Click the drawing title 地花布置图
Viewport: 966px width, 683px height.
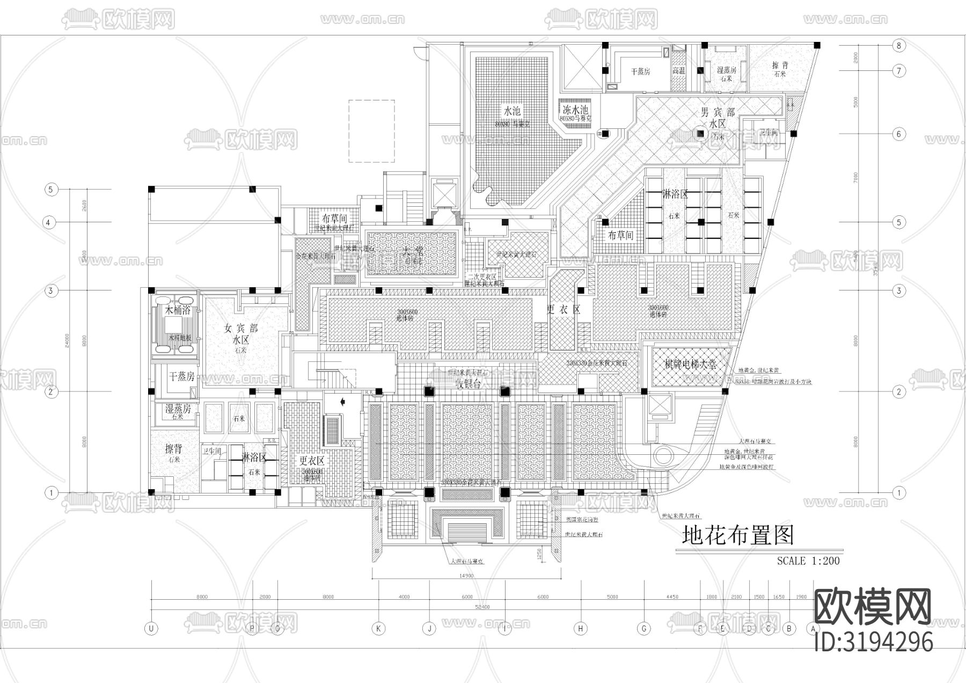(x=737, y=535)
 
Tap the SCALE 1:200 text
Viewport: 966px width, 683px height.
(x=808, y=561)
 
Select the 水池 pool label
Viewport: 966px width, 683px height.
(x=511, y=112)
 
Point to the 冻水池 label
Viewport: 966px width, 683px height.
(x=574, y=107)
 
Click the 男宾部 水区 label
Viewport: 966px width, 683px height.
(x=718, y=118)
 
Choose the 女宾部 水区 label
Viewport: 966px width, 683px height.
(x=241, y=335)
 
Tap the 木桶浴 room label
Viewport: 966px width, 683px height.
(x=177, y=310)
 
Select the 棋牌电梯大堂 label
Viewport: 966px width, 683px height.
(x=690, y=365)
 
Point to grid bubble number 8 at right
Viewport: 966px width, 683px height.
(x=899, y=45)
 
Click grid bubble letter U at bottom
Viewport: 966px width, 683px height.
(x=152, y=628)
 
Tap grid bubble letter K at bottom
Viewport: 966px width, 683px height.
(x=379, y=628)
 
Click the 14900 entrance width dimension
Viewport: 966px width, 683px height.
(x=466, y=576)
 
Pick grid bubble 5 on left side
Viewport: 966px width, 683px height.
(x=50, y=190)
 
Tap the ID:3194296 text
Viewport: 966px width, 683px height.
(x=873, y=642)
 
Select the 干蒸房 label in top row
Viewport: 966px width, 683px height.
(x=640, y=71)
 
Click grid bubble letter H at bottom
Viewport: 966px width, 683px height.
(x=581, y=628)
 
